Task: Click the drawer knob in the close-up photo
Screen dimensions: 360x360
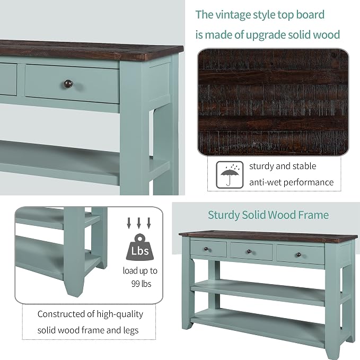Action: pyautogui.click(x=68, y=84)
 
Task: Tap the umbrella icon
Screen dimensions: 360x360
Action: pyautogui.click(x=230, y=175)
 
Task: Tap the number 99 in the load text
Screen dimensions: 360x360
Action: pyautogui.click(x=135, y=284)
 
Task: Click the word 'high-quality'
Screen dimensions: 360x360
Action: pyautogui.click(x=120, y=314)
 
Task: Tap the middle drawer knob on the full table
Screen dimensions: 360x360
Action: pyautogui.click(x=249, y=252)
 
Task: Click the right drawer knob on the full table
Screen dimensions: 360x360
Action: pyautogui.click(x=298, y=254)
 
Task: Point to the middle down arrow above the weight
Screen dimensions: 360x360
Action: pyautogui.click(x=139, y=223)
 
